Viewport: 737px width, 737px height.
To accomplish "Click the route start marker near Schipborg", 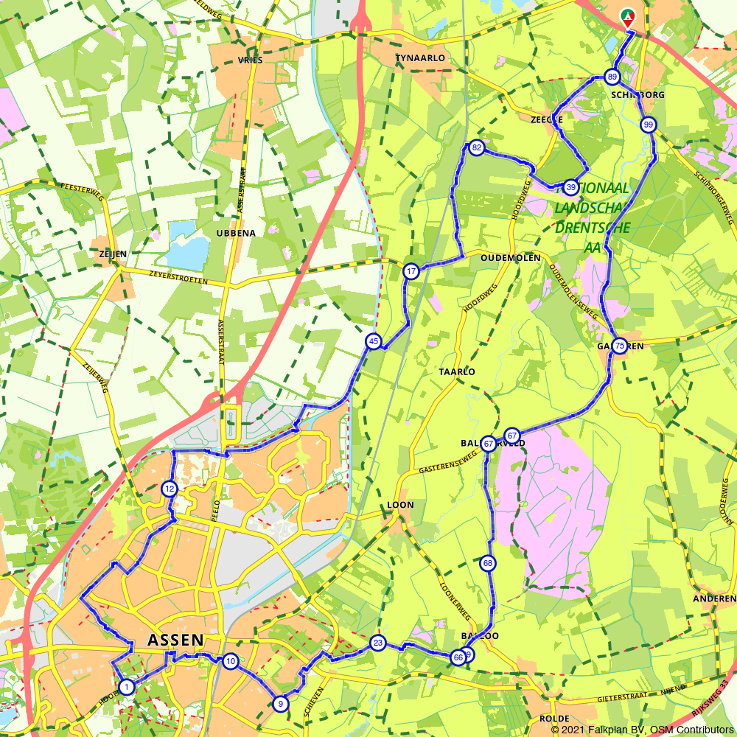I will (x=627, y=16).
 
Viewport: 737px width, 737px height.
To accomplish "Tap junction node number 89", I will (x=612, y=77).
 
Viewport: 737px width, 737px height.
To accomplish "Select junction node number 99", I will (x=648, y=125).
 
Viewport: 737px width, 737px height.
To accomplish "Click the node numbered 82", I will (x=477, y=148).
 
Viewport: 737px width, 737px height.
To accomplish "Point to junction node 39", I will (x=570, y=187).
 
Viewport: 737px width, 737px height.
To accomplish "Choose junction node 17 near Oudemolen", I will (x=411, y=271).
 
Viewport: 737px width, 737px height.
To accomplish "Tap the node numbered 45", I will (x=374, y=341).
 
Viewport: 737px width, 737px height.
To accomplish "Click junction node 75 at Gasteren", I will (x=619, y=346).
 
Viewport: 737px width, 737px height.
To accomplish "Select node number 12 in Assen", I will (x=170, y=488).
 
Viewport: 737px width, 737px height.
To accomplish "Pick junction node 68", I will (x=487, y=563).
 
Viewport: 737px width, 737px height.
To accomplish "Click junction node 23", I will (x=378, y=643).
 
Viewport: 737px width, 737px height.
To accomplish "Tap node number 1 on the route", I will (x=127, y=687).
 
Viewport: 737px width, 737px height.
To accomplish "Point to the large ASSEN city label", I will (x=175, y=639).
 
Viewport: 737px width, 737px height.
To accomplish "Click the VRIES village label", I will (x=250, y=60).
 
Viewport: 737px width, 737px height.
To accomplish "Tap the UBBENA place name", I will (x=236, y=233).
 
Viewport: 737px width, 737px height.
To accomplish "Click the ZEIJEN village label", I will (x=113, y=254).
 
